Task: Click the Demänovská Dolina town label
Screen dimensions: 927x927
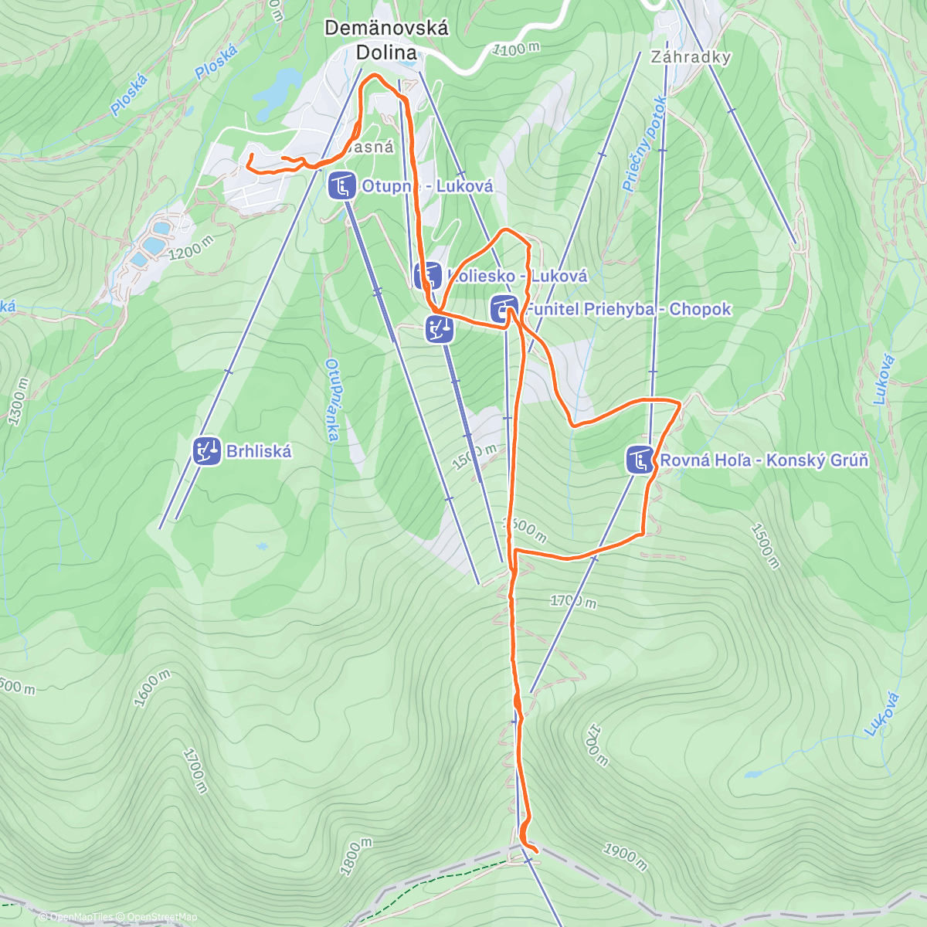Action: (385, 40)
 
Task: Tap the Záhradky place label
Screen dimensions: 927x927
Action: (690, 57)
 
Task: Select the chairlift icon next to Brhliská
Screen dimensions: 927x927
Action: (206, 451)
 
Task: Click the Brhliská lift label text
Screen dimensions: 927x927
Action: (259, 451)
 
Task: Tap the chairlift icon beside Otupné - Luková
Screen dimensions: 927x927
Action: (342, 186)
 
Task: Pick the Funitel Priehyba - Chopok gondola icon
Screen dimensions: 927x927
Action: (504, 309)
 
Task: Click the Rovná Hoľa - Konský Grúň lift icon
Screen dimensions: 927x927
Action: (640, 460)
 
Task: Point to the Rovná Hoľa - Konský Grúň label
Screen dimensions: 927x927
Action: (764, 460)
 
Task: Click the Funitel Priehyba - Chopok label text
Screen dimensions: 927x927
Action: (628, 309)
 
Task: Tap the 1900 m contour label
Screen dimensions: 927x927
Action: (624, 855)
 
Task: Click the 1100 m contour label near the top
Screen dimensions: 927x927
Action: (515, 49)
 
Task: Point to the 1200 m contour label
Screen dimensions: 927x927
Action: (189, 249)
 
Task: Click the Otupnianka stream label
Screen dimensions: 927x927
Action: (332, 400)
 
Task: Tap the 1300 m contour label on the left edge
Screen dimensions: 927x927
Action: (18, 402)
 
